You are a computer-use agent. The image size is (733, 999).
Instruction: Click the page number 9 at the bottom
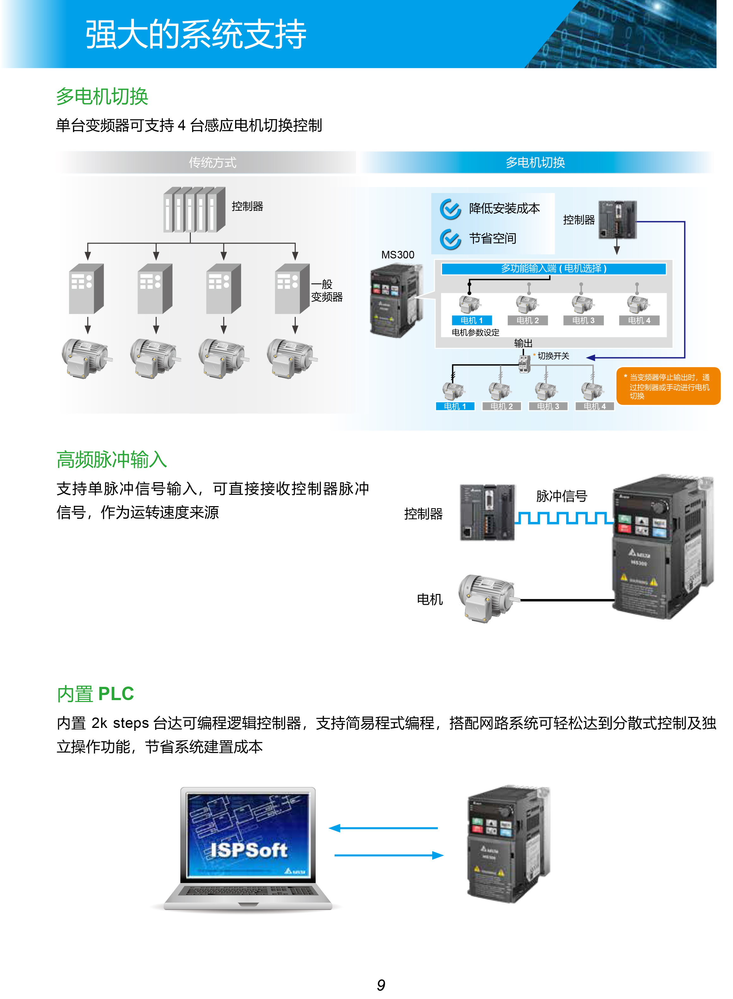(x=381, y=985)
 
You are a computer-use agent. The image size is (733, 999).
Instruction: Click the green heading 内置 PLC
(x=95, y=693)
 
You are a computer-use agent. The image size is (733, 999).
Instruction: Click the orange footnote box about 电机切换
(x=668, y=386)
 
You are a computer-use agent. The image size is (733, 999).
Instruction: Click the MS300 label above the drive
(x=397, y=255)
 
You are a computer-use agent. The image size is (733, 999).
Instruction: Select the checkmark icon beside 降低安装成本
(x=450, y=209)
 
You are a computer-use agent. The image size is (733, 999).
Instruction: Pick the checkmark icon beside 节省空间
(x=450, y=239)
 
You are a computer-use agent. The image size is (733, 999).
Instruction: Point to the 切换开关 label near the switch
(x=553, y=356)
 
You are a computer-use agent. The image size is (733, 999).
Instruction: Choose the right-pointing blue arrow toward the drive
(x=389, y=855)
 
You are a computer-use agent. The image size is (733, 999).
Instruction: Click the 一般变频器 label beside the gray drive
(x=327, y=291)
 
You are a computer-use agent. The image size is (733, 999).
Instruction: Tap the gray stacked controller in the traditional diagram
(x=194, y=209)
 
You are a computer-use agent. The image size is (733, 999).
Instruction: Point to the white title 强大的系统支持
(x=196, y=34)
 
